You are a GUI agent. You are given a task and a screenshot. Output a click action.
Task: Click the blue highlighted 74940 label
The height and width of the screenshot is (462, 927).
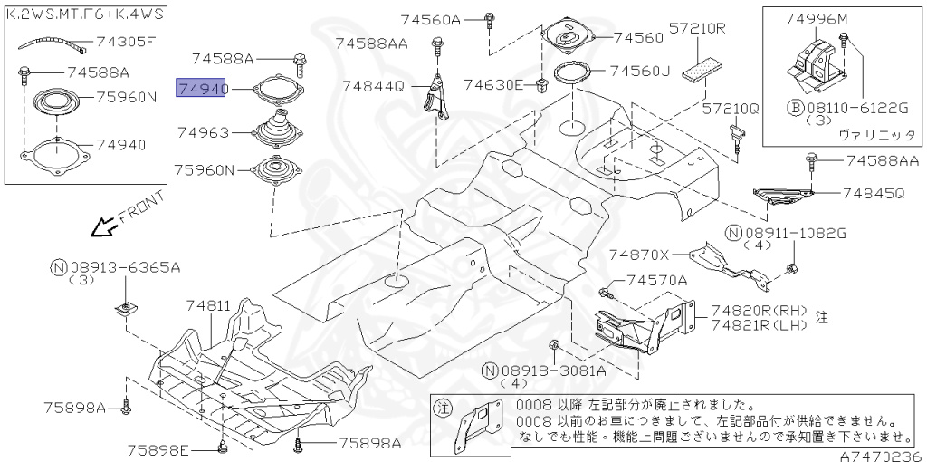[x=200, y=88]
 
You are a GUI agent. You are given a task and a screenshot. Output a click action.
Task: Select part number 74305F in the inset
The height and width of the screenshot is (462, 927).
[x=126, y=41]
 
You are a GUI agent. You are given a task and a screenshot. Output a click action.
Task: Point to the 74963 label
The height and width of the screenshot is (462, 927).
[x=203, y=133]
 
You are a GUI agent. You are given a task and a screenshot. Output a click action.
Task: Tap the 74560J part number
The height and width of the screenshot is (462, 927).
[x=639, y=71]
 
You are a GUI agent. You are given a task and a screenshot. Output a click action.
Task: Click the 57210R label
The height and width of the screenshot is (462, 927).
[x=698, y=28]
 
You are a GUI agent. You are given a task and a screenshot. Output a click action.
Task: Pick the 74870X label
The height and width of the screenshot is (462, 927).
[x=639, y=255]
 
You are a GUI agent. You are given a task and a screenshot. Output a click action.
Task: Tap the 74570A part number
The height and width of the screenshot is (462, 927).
[x=656, y=280]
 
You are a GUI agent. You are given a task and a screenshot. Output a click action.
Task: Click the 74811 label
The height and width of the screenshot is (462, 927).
[x=208, y=307]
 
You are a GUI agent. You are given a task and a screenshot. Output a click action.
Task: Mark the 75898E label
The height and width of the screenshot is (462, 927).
[x=158, y=450]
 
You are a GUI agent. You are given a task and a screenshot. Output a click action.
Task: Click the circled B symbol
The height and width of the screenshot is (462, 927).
[x=795, y=107]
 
